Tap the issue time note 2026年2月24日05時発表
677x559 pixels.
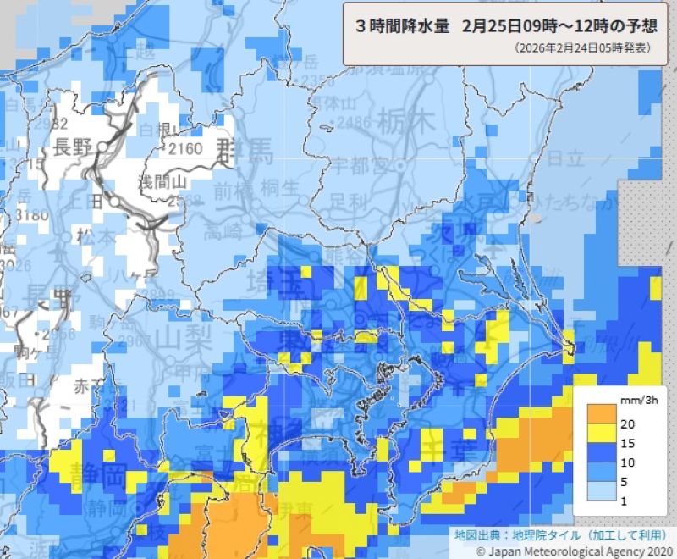(582, 48)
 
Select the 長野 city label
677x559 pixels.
(71, 147)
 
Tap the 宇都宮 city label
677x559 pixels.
(350, 163)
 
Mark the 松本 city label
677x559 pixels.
(95, 235)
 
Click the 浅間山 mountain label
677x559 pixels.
(162, 180)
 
